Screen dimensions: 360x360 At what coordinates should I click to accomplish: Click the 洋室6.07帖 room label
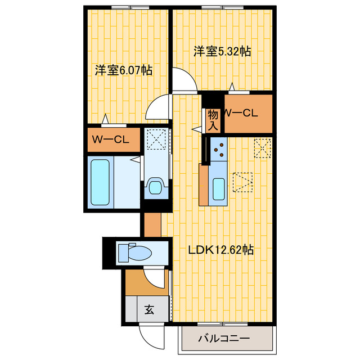124,70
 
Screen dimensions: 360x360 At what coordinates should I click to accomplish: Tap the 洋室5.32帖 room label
222,51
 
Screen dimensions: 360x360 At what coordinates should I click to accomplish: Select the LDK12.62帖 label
221,250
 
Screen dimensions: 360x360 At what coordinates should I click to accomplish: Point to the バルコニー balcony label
224,339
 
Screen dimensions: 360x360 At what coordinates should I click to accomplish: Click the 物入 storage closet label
213,120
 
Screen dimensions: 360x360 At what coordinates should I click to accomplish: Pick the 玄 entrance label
149,310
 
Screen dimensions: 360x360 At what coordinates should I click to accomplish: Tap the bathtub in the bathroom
100,182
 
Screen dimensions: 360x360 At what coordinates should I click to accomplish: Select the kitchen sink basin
219,189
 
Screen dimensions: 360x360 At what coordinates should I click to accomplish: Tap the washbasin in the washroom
156,186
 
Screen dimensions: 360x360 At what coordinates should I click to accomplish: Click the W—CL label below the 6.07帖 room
110,139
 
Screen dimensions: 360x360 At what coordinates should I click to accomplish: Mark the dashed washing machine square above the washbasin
156,139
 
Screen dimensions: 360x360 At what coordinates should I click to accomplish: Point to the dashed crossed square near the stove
263,148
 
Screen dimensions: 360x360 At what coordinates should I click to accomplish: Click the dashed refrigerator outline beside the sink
243,182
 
